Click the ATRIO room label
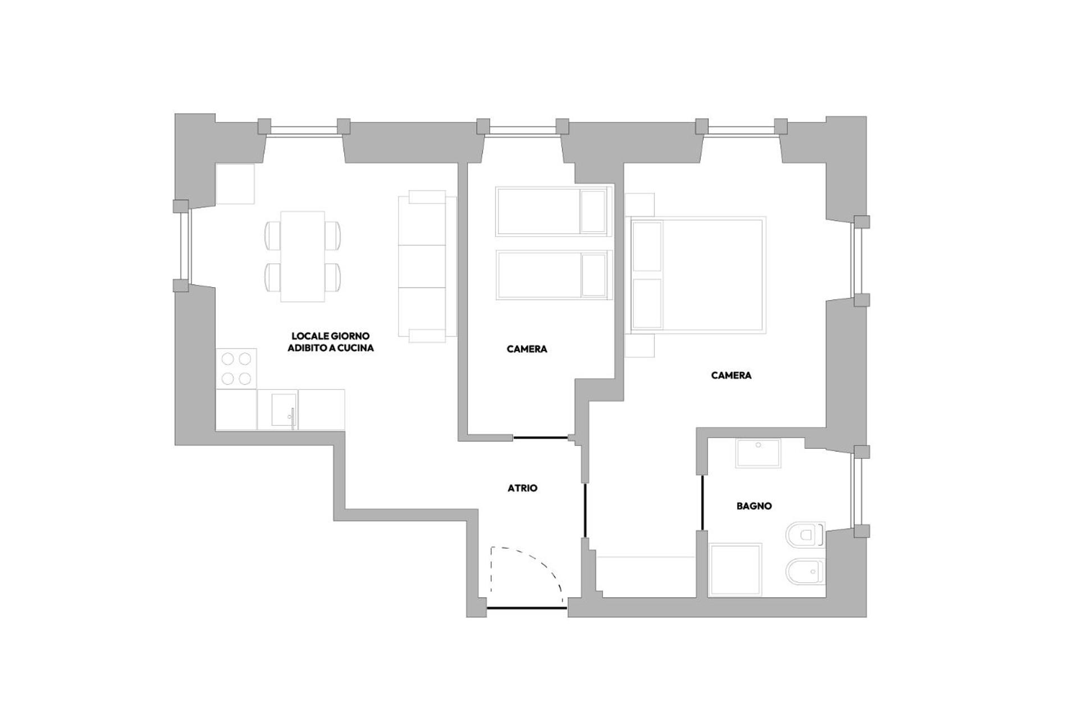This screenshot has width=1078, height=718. coord(522,488)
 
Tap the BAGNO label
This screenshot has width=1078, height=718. coord(754,506)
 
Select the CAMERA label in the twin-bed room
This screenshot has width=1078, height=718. coord(527,349)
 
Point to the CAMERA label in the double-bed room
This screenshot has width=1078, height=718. coord(731,375)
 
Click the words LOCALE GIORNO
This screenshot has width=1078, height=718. coord(330,336)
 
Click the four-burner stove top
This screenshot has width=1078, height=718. coord(236,369)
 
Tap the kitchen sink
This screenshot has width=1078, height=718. coord(283,409)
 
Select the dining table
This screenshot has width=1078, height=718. coord(303,256)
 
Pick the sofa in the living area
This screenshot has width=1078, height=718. coord(427,266)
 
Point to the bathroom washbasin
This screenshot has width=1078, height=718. coord(758,453)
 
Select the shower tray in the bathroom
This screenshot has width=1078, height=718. coord(736,570)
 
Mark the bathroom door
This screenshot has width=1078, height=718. coord(702,503)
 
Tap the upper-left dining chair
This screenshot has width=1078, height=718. coord(273,236)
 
